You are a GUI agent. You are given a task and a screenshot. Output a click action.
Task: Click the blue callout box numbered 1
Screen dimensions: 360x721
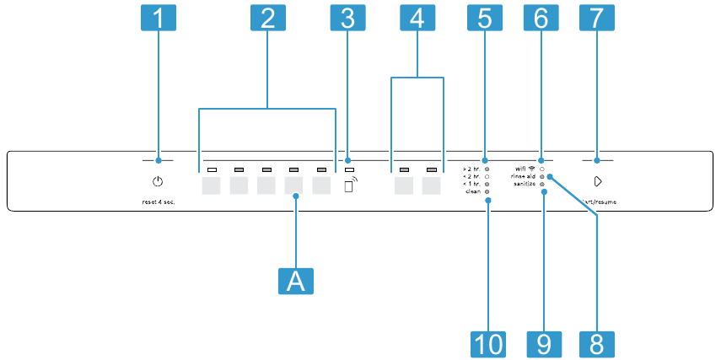click(x=158, y=19)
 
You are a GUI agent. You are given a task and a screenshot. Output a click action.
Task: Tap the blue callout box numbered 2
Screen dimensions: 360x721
click(x=267, y=19)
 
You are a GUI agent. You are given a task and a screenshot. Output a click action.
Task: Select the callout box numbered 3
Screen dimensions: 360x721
click(x=348, y=19)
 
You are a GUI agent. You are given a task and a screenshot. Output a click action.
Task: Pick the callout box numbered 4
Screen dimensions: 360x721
click(x=417, y=19)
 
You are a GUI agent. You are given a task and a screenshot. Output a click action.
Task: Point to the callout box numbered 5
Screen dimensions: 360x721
click(x=485, y=19)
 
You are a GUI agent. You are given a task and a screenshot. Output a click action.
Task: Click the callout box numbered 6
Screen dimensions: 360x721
click(x=541, y=19)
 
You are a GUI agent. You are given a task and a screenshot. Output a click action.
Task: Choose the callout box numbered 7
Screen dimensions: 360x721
click(x=597, y=19)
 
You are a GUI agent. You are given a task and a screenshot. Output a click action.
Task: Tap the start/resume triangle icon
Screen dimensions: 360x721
click(x=597, y=181)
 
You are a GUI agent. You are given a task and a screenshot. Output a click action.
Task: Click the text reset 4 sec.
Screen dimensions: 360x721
click(x=157, y=204)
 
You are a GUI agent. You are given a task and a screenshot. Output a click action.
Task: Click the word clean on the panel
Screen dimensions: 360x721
click(x=472, y=192)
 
